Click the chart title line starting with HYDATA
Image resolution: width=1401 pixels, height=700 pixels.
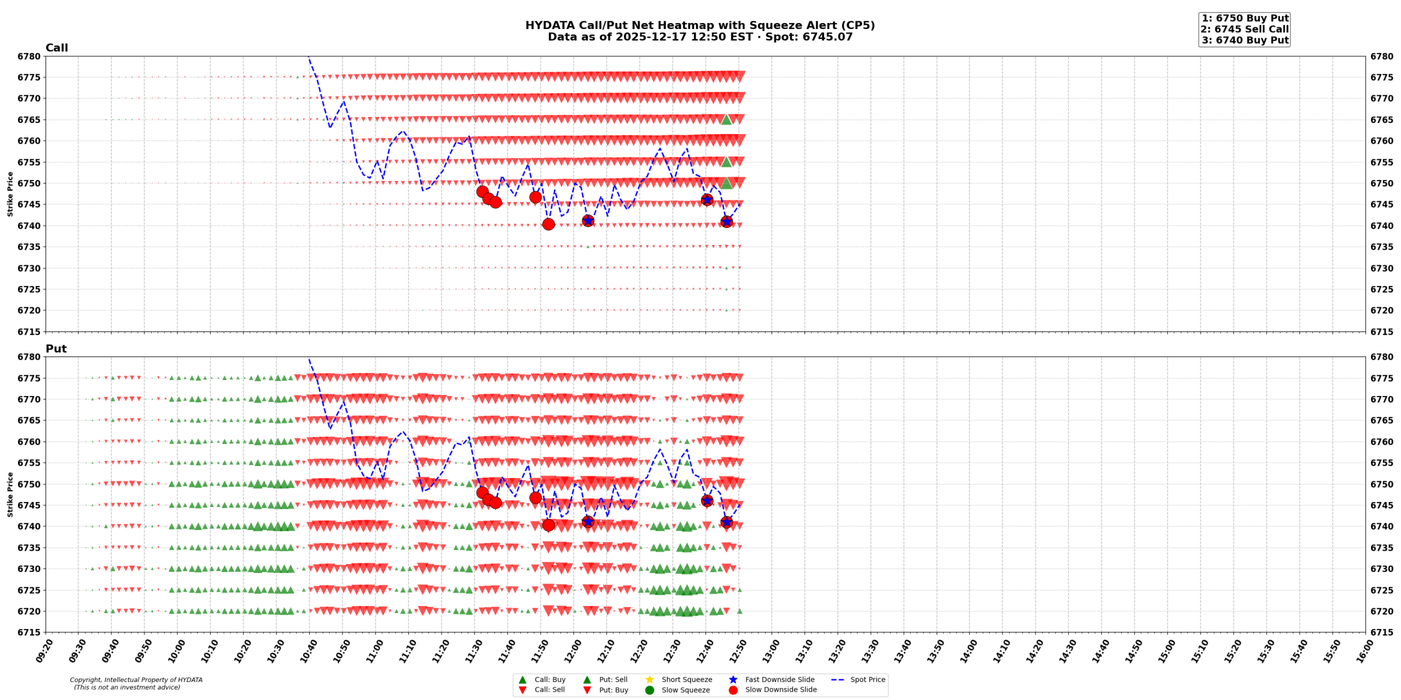click(x=699, y=25)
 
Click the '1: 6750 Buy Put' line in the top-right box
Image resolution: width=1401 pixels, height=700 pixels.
click(x=1244, y=18)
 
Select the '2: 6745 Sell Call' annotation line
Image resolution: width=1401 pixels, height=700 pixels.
click(x=1244, y=29)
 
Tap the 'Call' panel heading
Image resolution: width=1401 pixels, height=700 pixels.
click(x=56, y=48)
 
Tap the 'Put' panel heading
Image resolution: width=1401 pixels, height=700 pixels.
click(x=56, y=349)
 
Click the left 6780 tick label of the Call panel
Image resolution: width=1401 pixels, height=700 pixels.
click(x=29, y=56)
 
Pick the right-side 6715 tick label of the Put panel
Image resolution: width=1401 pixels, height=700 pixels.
click(x=1382, y=632)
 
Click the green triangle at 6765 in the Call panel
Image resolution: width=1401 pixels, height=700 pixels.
click(x=726, y=120)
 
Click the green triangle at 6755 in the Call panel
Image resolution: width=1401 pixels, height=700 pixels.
click(x=726, y=162)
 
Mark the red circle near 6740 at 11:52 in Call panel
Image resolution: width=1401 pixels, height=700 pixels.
click(x=548, y=224)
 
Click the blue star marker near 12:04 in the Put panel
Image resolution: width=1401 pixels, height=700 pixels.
click(x=588, y=522)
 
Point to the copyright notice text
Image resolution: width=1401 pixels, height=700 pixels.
click(x=136, y=684)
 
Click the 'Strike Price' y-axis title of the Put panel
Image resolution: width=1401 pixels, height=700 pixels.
click(x=10, y=494)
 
